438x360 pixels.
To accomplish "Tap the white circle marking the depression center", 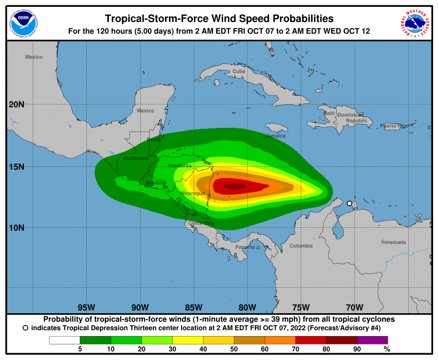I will [349, 203].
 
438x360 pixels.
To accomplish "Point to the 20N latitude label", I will [17, 104].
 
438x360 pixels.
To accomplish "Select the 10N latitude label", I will [17, 228].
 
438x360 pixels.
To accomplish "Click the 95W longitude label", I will [86, 307].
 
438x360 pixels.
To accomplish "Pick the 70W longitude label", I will [355, 307].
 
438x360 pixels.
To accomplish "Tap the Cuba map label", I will [239, 71].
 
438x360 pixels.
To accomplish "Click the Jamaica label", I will [275, 136].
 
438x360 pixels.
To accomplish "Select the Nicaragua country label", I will [192, 194].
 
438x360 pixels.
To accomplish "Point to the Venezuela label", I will [393, 242].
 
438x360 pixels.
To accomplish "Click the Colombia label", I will [301, 246].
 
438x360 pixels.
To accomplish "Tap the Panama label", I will [245, 247].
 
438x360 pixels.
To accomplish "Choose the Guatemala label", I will [136, 158].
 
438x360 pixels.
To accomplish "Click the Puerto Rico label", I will [393, 126].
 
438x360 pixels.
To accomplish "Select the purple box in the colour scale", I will [373, 340].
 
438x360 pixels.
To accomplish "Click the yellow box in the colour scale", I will [188, 340].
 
